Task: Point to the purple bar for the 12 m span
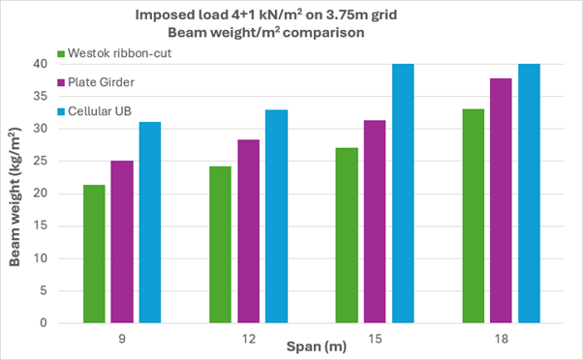(x=249, y=231)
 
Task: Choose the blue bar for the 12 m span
(x=277, y=216)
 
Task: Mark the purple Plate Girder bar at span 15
(x=375, y=222)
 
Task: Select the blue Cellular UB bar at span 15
(x=403, y=194)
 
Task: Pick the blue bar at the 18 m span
(x=529, y=194)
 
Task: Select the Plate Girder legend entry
(x=98, y=82)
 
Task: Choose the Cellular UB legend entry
(x=96, y=112)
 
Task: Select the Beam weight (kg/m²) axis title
(x=17, y=194)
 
